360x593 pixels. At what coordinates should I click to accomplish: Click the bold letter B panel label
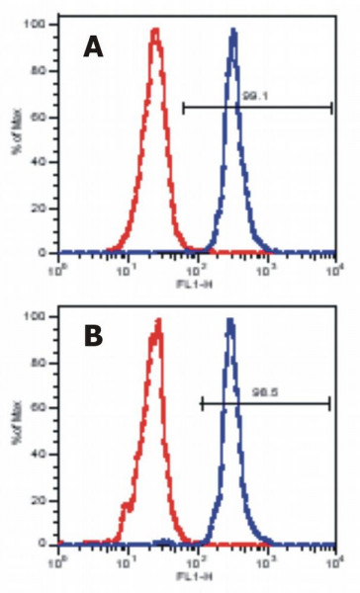93,336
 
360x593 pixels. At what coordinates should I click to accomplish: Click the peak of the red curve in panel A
155,31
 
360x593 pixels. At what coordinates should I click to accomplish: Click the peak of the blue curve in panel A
233,31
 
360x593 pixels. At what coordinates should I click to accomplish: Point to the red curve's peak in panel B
157,320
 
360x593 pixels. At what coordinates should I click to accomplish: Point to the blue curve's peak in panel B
229,320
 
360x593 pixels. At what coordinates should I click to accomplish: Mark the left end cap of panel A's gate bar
184,107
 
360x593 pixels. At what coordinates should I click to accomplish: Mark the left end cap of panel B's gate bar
202,402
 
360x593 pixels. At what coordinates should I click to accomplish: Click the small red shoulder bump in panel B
126,506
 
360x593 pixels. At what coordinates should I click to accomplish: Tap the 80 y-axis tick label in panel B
42,361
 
